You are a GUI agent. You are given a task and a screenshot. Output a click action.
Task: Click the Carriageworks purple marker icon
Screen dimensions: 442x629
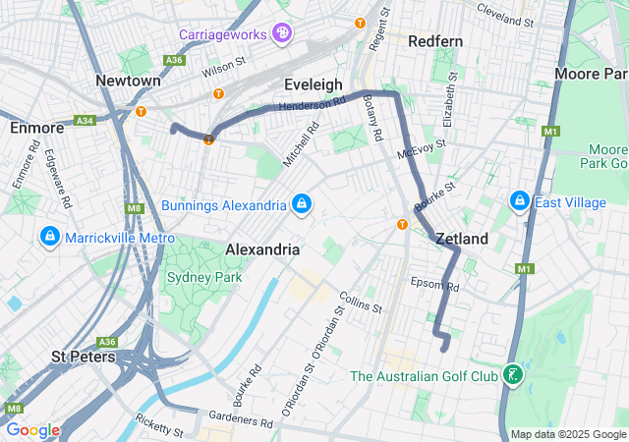coord(282,34)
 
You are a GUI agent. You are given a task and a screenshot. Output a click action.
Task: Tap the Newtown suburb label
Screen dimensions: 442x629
coord(129,80)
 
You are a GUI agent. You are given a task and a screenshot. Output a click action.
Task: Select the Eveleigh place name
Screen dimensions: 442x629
coord(313,84)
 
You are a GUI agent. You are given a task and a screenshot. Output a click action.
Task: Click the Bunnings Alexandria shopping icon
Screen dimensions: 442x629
coord(302,204)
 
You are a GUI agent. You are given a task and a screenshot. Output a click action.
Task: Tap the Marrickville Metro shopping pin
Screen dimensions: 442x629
coord(49,238)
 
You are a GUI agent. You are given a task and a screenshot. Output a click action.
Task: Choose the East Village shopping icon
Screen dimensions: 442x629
coord(519,201)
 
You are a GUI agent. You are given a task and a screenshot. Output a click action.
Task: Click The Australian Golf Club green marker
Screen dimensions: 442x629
coord(511,375)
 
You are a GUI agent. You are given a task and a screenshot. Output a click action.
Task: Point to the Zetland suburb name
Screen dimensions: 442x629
coord(461,239)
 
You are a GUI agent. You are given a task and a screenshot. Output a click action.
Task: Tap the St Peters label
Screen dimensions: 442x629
coord(83,357)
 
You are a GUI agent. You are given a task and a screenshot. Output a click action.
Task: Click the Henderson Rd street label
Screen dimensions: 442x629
coord(313,103)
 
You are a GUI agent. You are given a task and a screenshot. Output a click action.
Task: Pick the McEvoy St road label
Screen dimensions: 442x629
coord(423,149)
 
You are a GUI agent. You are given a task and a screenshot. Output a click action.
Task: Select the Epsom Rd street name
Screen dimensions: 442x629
coord(435,285)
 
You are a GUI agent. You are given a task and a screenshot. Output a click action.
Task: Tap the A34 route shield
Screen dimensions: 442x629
coord(84,121)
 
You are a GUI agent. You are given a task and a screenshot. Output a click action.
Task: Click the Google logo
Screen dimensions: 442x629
coord(33,430)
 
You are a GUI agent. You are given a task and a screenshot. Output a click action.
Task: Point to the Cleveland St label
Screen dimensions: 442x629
coord(504,14)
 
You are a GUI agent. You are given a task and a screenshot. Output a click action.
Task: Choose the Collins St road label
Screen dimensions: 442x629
coord(360,302)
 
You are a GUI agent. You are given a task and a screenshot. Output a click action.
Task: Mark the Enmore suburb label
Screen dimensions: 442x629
coord(36,128)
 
